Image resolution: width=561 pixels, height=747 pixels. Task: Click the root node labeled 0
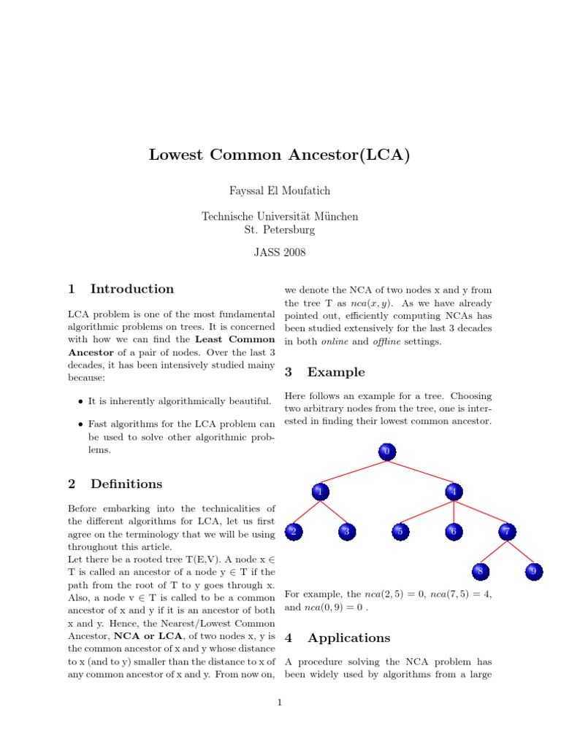pyautogui.click(x=386, y=452)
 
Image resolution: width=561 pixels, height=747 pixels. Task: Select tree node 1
pyautogui.click(x=319, y=492)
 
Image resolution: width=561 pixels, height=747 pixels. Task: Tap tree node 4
pyautogui.click(x=454, y=492)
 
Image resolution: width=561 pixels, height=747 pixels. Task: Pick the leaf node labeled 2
pyautogui.click(x=293, y=533)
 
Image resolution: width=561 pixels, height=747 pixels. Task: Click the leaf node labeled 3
pyautogui.click(x=346, y=533)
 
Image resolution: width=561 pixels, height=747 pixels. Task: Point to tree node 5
pyautogui.click(x=400, y=533)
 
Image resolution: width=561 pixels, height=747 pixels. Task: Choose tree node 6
pyautogui.click(x=454, y=533)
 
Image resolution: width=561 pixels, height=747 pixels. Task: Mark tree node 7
pyautogui.click(x=507, y=533)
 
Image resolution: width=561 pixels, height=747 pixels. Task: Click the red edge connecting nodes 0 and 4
pyautogui.click(x=420, y=472)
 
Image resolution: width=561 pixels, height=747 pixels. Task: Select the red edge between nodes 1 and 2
pyautogui.click(x=306, y=513)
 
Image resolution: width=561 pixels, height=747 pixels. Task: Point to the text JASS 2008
pyautogui.click(x=280, y=253)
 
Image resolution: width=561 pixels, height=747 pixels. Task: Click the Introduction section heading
pyautogui.click(x=132, y=289)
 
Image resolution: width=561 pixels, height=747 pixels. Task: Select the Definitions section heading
pyautogui.click(x=126, y=484)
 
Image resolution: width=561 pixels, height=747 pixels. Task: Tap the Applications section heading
pyautogui.click(x=348, y=638)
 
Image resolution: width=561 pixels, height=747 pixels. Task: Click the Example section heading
pyautogui.click(x=336, y=372)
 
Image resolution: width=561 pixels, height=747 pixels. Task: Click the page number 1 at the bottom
pyautogui.click(x=280, y=703)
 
